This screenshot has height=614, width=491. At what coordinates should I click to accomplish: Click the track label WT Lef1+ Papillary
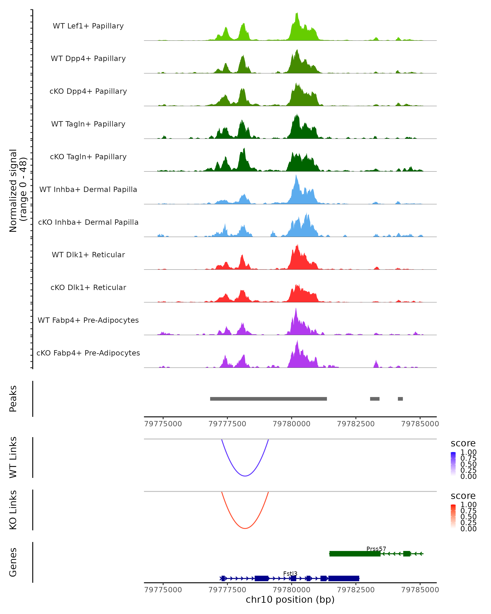[88, 26]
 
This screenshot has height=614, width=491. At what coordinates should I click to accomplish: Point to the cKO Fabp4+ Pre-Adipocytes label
[88, 353]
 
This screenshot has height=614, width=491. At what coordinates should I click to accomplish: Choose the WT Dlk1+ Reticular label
[88, 255]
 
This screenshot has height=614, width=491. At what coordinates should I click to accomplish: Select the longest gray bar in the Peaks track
[268, 399]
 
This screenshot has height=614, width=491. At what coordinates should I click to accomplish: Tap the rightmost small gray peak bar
[400, 399]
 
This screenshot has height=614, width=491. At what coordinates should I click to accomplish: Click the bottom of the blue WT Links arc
[245, 476]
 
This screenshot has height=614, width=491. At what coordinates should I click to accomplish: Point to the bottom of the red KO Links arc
[245, 528]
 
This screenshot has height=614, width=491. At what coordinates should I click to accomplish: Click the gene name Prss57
[376, 549]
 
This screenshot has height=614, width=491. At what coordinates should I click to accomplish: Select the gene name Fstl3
[290, 573]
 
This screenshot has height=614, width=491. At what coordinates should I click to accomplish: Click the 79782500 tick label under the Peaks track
[356, 424]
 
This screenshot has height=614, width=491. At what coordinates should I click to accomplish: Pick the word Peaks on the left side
[13, 399]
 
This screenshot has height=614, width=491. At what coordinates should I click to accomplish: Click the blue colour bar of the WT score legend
[453, 464]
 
